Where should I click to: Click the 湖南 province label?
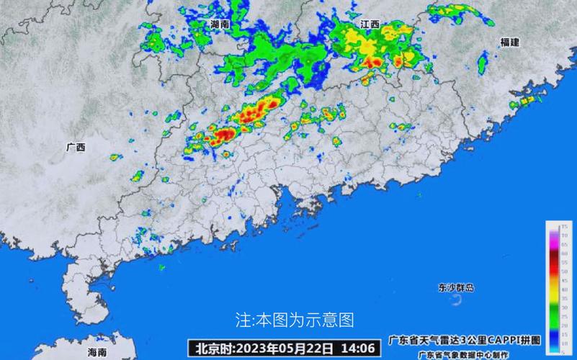click(220, 24)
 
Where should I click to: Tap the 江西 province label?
click(370, 24)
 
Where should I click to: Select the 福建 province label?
click(509, 42)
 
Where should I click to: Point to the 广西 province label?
click(76, 148)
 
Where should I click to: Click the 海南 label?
click(97, 352)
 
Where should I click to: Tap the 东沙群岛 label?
click(456, 287)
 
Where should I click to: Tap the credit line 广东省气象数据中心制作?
click(464, 354)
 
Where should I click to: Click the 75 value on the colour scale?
click(564, 227)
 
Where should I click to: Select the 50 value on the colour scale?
click(564, 271)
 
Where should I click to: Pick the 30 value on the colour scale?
click(564, 307)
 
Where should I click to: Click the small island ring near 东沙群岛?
click(456, 301)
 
